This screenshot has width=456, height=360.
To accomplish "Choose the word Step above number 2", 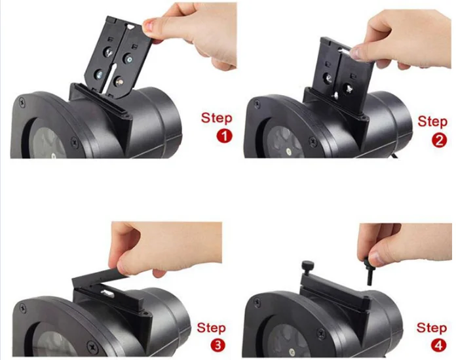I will click(x=432, y=121).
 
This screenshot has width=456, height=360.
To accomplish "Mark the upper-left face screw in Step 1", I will click(x=23, y=102).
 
